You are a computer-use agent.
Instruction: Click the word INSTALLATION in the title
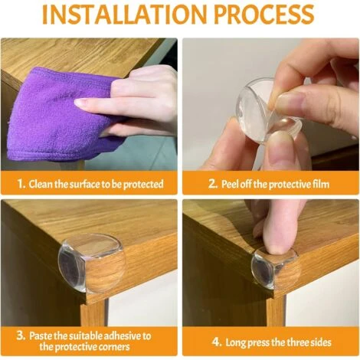(x=125, y=14)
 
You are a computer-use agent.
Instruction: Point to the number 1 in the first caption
(x=21, y=184)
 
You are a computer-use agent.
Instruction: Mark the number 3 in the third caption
(x=21, y=335)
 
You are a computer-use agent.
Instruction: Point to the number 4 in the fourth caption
(x=216, y=342)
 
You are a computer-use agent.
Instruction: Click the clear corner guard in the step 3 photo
(x=91, y=263)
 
